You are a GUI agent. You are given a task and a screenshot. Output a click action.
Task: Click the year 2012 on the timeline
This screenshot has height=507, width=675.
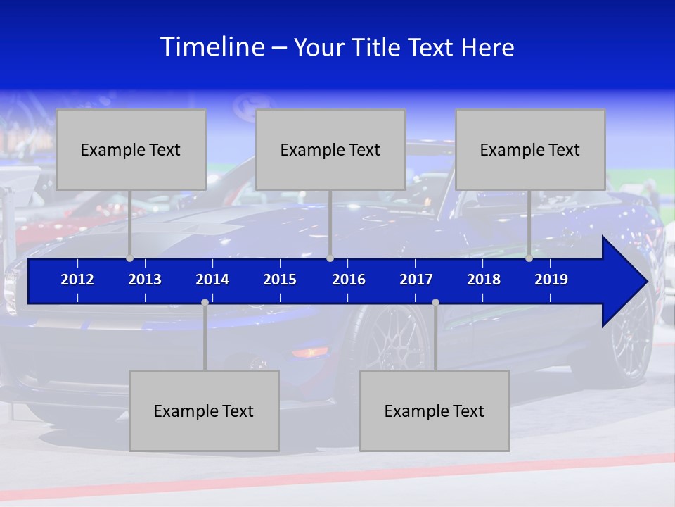click(x=77, y=280)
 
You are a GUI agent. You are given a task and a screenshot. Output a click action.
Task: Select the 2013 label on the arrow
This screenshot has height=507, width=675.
click(x=145, y=280)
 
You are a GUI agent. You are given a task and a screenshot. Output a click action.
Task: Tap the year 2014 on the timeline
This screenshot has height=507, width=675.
click(x=212, y=280)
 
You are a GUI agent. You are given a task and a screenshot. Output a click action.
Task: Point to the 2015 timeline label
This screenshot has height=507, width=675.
click(x=280, y=280)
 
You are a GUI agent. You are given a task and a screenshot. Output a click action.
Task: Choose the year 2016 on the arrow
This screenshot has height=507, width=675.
click(x=349, y=280)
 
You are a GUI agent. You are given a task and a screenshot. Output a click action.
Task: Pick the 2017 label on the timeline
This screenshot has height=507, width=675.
click(x=416, y=280)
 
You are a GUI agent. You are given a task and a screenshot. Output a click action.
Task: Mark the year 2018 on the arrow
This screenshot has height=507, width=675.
click(x=484, y=280)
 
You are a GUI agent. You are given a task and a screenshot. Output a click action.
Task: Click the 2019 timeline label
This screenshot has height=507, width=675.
click(x=551, y=280)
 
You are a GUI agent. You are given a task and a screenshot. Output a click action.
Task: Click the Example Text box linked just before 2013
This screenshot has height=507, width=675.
click(x=131, y=149)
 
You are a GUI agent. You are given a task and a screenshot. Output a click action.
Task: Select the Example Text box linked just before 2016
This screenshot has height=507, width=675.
click(x=330, y=149)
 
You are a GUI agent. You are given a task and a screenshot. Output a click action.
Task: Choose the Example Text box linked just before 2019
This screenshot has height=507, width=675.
click(x=530, y=149)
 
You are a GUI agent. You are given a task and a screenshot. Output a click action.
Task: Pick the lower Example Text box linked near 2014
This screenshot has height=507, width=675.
click(x=204, y=411)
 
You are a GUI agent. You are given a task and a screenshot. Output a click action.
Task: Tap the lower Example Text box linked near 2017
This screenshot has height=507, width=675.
click(x=435, y=411)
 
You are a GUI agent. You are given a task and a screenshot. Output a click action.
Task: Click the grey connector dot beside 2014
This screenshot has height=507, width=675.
click(x=205, y=303)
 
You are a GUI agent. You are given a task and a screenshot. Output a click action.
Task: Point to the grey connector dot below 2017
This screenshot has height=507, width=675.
click(x=435, y=303)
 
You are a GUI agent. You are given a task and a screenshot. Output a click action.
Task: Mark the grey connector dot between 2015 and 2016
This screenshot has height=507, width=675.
click(x=330, y=258)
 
